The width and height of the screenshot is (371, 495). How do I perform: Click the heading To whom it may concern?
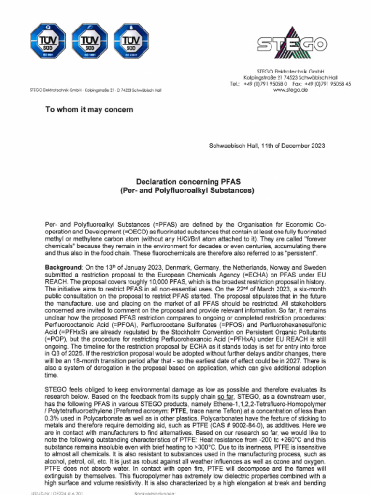(x=89, y=110)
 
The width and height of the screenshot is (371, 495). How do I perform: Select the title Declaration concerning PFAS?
(x=188, y=182)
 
